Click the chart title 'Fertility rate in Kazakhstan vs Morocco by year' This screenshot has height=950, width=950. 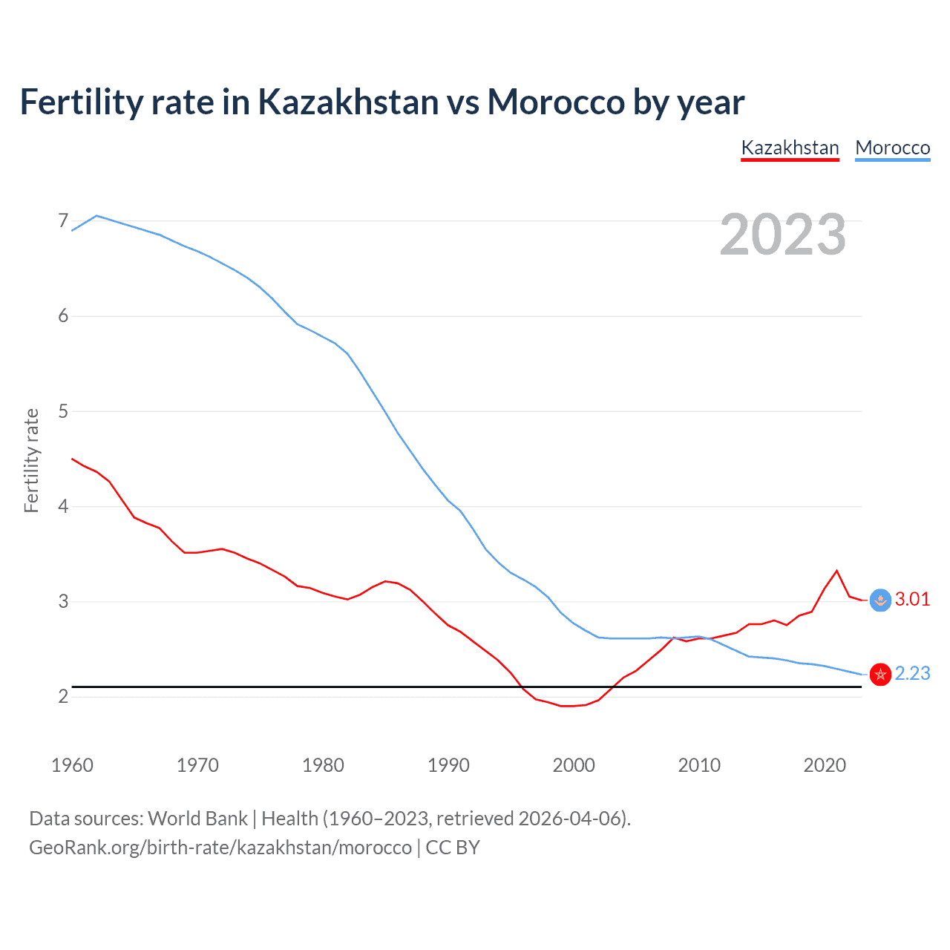coord(381,102)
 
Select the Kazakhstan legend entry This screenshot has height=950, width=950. coord(790,148)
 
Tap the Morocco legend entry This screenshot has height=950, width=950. coord(892,148)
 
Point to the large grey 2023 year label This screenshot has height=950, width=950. coord(782,235)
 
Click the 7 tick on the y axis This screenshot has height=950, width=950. coord(63,221)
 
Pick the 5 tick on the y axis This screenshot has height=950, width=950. coord(63,411)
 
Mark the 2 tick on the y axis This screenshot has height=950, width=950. coord(63,696)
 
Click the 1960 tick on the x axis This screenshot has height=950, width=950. coord(72,765)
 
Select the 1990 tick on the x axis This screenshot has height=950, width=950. coord(448,765)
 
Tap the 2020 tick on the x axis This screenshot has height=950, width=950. coord(825,765)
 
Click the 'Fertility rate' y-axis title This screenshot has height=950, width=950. coord(31,460)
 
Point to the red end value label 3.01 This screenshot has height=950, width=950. coord(912,599)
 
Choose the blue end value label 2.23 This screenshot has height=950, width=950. coord(912,673)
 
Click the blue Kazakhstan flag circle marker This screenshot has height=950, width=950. coord(880,600)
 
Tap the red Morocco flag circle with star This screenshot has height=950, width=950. coord(880,674)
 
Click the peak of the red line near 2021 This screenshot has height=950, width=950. coord(837,571)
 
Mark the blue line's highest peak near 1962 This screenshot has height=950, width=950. coord(96,216)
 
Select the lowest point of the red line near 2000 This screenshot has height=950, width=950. coord(567,706)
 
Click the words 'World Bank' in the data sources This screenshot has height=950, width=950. coord(197,819)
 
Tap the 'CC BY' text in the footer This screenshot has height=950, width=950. coord(453,848)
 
